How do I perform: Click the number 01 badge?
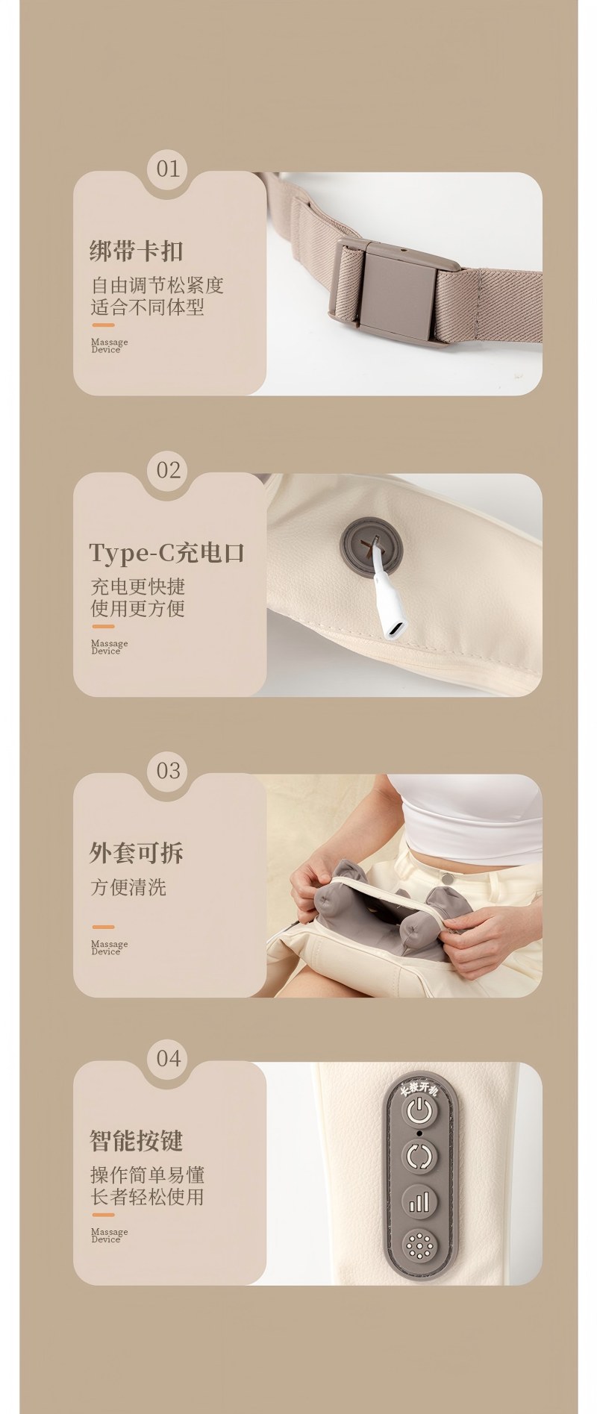click(x=168, y=169)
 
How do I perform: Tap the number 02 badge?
click(x=169, y=470)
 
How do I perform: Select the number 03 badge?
click(x=169, y=770)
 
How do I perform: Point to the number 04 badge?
click(x=169, y=1058)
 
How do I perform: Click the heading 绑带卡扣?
click(x=136, y=251)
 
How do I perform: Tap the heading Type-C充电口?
click(x=166, y=553)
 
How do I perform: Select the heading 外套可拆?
click(x=136, y=852)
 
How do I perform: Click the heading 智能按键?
click(x=136, y=1140)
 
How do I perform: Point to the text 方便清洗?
click(x=128, y=887)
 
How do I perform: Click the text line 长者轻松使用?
click(x=147, y=1197)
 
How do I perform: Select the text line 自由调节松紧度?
click(x=157, y=285)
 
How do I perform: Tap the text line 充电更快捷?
click(x=138, y=586)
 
